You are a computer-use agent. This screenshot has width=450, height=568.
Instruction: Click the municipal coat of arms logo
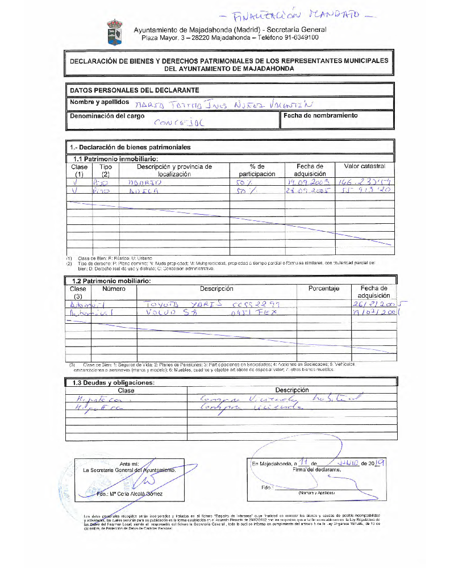tap(114, 32)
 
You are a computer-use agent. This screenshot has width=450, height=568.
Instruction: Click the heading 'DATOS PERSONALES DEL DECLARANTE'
tap(134, 90)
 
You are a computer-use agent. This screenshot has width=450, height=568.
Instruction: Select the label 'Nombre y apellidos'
tap(99, 102)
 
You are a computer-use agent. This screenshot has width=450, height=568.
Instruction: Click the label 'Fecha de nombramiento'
tap(320, 115)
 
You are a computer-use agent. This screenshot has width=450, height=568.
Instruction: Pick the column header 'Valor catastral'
tap(365, 166)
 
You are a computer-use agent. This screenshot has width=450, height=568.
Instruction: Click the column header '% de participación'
tap(257, 170)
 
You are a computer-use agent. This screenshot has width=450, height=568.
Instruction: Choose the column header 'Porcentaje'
tap(324, 289)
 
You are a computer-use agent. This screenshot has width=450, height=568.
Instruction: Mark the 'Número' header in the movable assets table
tap(114, 289)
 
